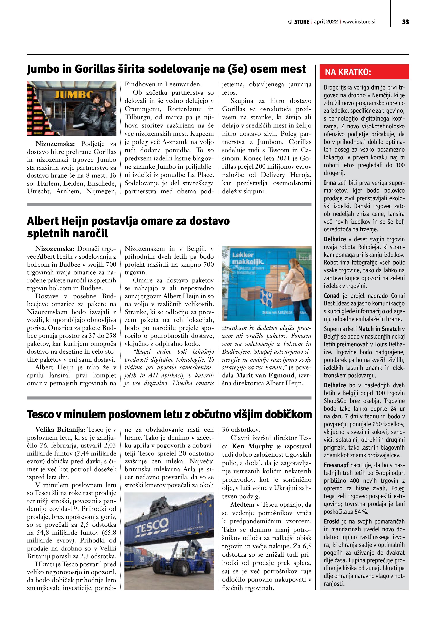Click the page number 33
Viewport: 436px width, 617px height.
(x=405, y=22)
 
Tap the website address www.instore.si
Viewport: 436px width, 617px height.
(x=359, y=22)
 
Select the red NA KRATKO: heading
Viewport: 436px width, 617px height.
(x=348, y=72)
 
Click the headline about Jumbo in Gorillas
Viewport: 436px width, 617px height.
(x=166, y=69)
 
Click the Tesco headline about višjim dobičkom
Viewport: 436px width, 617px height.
(x=169, y=414)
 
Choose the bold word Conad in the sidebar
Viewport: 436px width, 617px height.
(x=332, y=296)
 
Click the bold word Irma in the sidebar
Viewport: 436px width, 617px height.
(x=330, y=183)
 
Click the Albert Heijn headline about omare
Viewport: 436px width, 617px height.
(x=128, y=227)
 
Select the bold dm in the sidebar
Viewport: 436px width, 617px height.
(x=375, y=87)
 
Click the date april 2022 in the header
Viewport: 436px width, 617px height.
(x=326, y=22)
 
